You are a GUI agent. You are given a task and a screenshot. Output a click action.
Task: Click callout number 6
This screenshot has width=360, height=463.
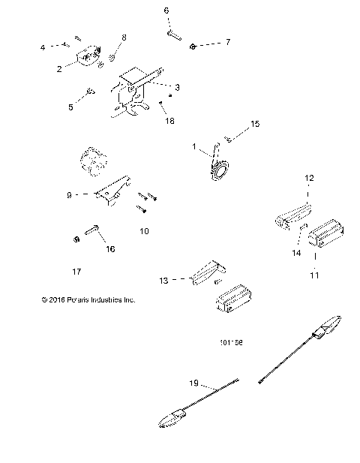pos(166,11)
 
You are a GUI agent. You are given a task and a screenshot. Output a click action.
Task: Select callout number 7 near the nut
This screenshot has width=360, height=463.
pos(228,43)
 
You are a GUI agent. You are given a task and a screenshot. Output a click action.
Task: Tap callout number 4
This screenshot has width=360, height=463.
pos(43,48)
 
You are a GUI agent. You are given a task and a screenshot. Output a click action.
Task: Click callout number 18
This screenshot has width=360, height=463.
pos(169,119)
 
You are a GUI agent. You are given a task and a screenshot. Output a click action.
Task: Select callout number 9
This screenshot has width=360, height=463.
pos(68,194)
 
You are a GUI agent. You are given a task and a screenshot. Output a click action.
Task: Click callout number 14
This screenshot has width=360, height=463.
pos(295,254)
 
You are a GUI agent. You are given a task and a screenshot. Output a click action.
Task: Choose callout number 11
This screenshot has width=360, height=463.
pos(314,275)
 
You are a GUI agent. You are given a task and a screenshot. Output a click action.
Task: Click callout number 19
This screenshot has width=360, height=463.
pos(193,382)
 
